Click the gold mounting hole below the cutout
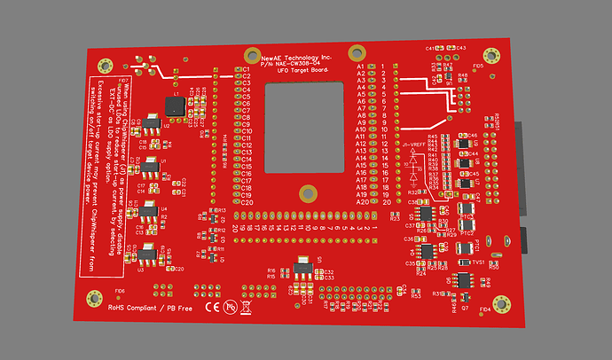308,192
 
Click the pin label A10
361,130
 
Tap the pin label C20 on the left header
247,202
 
